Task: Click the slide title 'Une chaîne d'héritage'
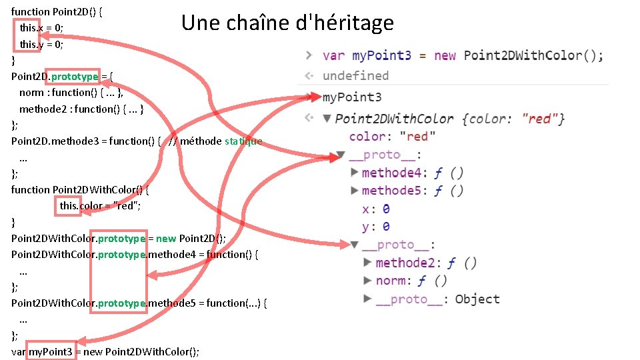click(x=287, y=23)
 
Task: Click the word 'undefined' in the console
click(x=355, y=76)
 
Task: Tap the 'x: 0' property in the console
click(x=376, y=209)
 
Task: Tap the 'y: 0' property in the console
click(x=376, y=227)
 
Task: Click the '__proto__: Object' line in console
click(x=437, y=299)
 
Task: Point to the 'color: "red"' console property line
click(x=392, y=137)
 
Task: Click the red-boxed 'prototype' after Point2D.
click(x=74, y=77)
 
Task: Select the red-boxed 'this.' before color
click(x=69, y=205)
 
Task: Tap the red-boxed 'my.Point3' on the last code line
click(x=51, y=351)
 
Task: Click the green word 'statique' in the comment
click(x=243, y=141)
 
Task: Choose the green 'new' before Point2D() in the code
click(x=166, y=239)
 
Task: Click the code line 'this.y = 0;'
click(x=41, y=45)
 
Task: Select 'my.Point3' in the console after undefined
click(x=352, y=97)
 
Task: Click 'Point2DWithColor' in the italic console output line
click(x=395, y=119)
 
